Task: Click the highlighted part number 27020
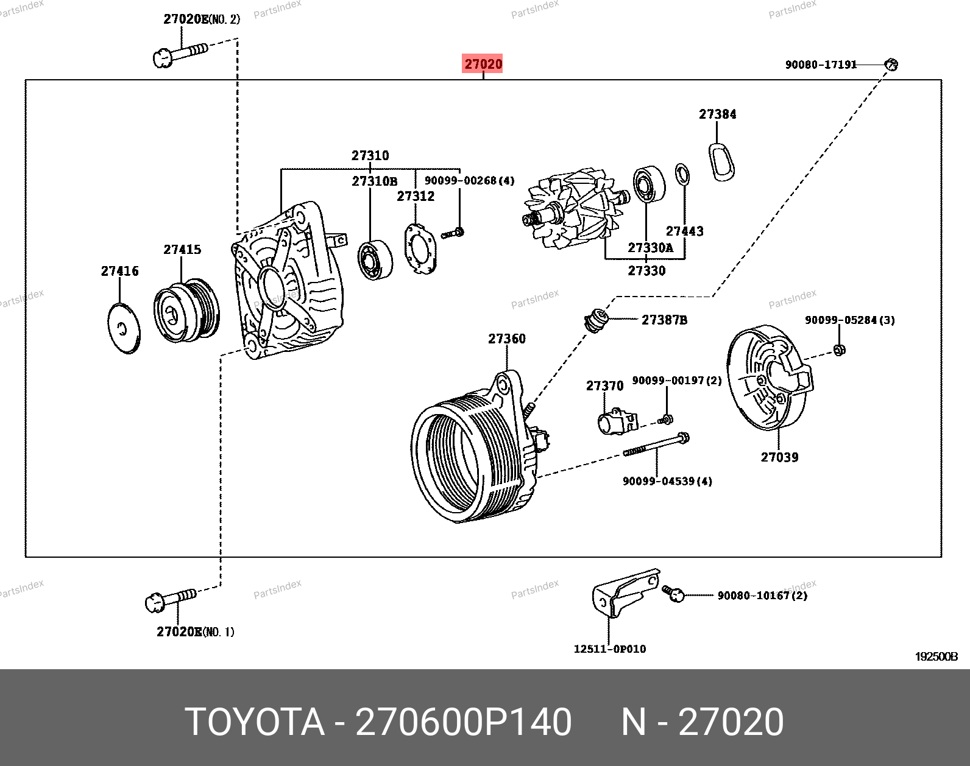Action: pyautogui.click(x=483, y=64)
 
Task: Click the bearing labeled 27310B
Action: pyautogui.click(x=374, y=260)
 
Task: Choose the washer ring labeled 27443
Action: pyautogui.click(x=683, y=175)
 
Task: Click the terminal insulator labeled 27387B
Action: pyautogui.click(x=596, y=320)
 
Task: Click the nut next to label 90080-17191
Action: pyautogui.click(x=891, y=63)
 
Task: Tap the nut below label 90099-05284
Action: pyautogui.click(x=838, y=350)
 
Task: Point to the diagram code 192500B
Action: pyautogui.click(x=936, y=657)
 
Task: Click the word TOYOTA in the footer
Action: pyautogui.click(x=254, y=722)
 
